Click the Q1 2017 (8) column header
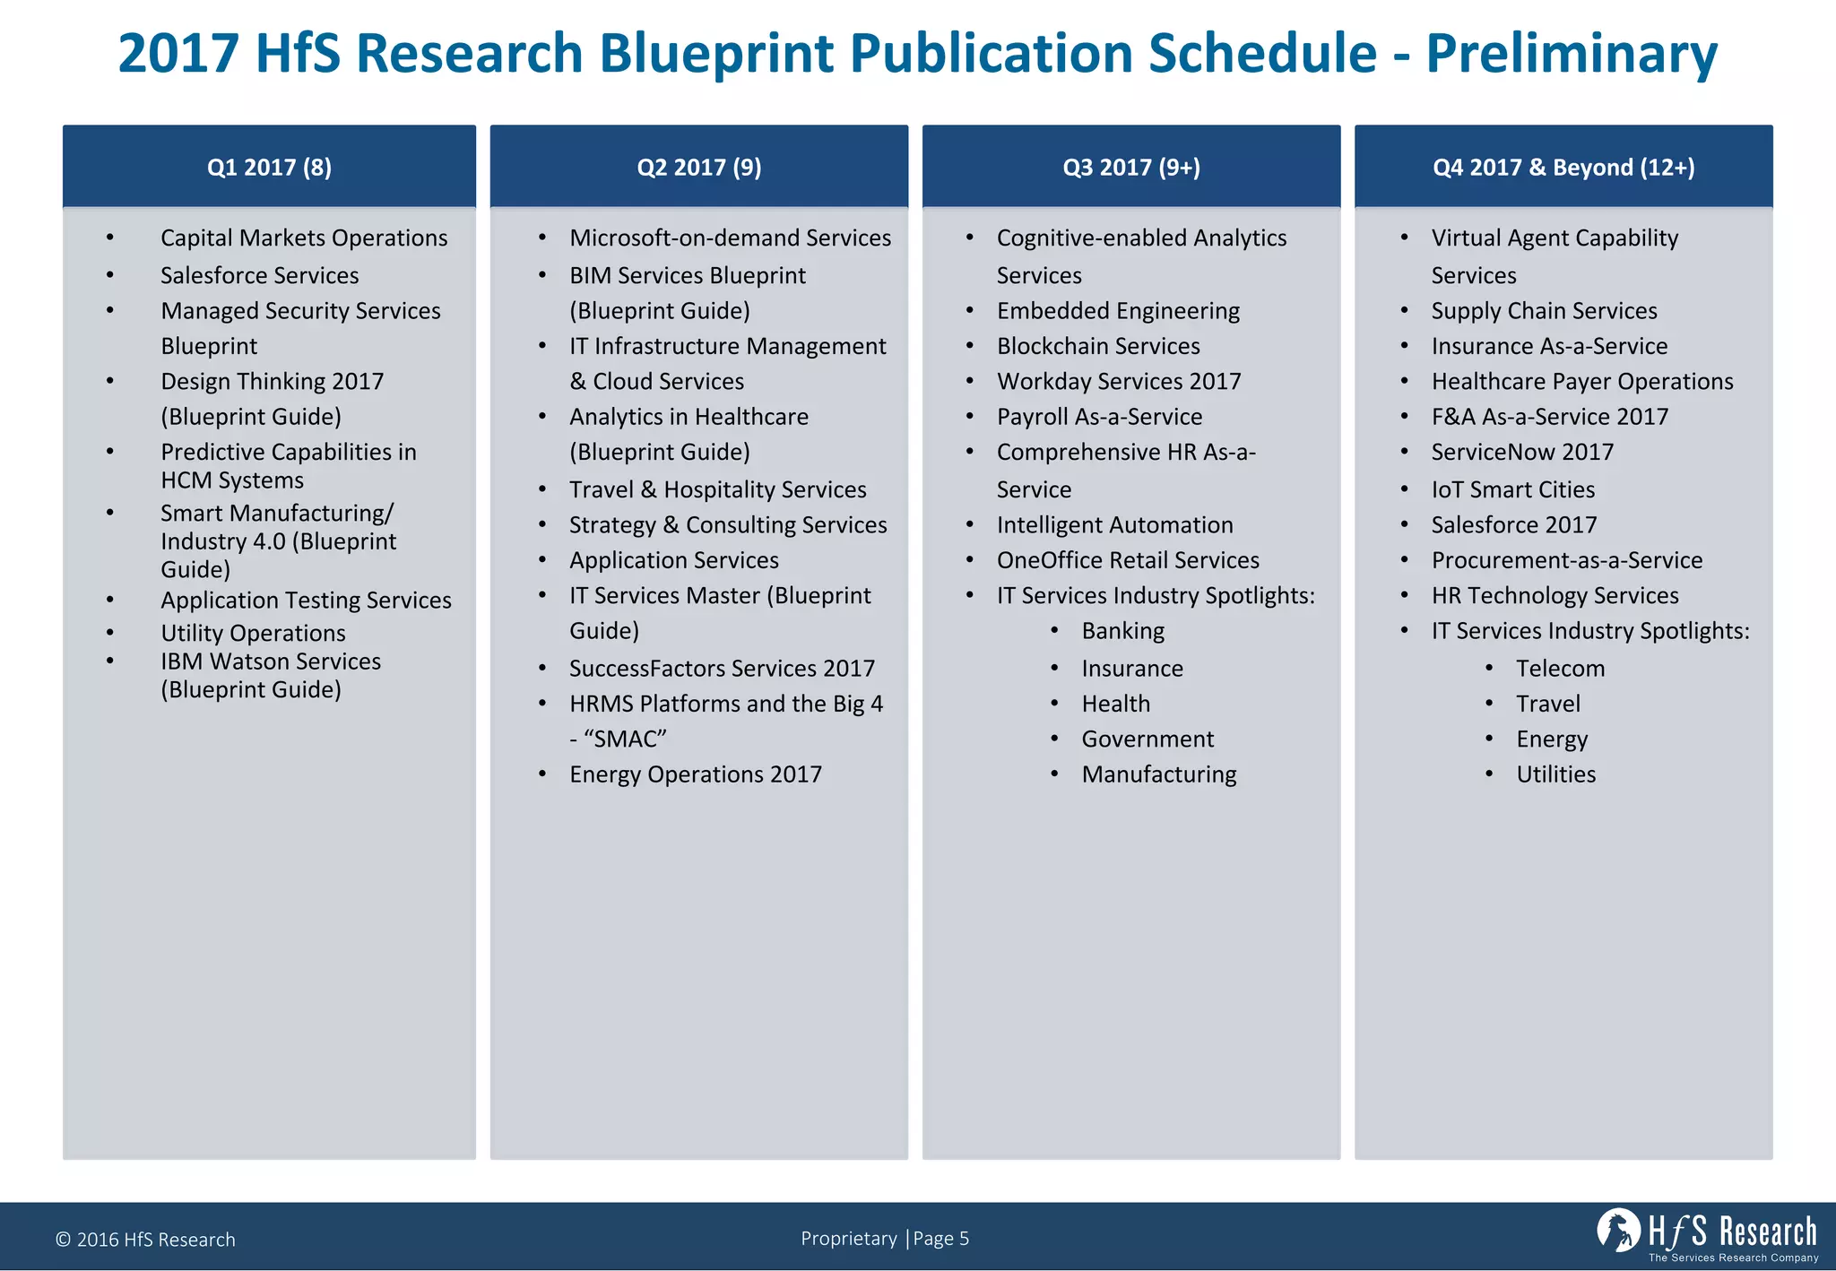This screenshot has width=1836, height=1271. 269,168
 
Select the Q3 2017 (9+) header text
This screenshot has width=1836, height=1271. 1130,168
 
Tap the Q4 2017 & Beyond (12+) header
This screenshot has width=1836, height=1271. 1563,168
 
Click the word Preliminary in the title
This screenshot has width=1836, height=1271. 1571,54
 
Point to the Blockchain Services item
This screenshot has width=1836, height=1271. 1097,346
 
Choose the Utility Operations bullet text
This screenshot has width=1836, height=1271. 253,633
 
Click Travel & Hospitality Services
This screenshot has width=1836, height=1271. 717,489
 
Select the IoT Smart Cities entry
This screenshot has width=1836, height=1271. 1512,489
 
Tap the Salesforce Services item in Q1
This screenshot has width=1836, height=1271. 259,275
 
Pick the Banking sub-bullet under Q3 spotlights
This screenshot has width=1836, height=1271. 1122,631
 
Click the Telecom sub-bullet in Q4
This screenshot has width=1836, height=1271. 1560,669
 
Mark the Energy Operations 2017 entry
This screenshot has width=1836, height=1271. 695,774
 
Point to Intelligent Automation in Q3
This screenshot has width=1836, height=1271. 1114,525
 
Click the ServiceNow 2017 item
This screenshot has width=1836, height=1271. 1521,452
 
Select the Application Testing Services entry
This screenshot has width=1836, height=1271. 306,601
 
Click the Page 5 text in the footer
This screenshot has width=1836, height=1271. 940,1239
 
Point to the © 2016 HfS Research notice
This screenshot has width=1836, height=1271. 145,1240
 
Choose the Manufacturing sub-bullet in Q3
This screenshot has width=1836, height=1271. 1158,774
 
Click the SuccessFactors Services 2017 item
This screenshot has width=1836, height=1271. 722,669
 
